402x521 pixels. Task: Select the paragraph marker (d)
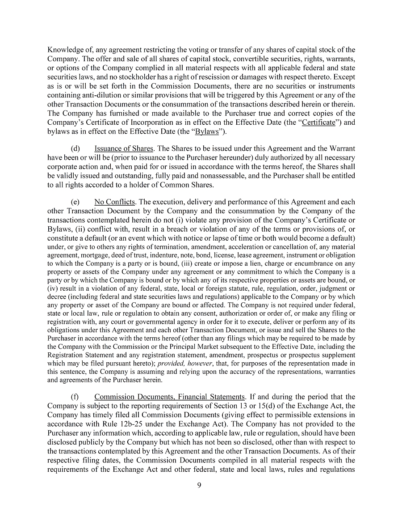pyautogui.click(x=75, y=148)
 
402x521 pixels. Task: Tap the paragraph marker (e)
pyautogui.click(x=75, y=202)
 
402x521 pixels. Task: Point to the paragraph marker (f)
pyautogui.click(x=75, y=397)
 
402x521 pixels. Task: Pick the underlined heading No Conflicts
pyautogui.click(x=114, y=202)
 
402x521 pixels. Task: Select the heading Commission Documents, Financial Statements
pyautogui.click(x=170, y=397)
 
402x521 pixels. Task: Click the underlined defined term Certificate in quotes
pyautogui.click(x=318, y=123)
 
